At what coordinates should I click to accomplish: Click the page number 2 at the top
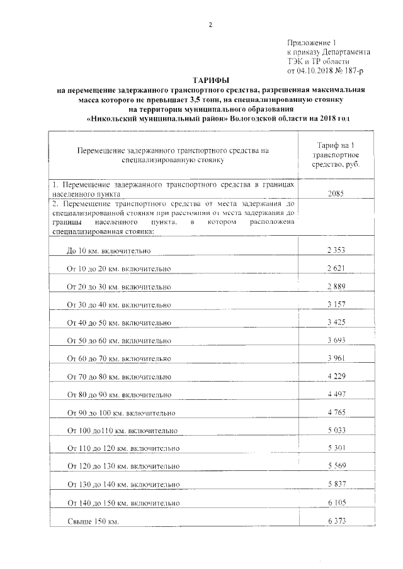point(210,25)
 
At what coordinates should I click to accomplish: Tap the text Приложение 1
point(315,40)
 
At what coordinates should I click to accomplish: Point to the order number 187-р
point(360,72)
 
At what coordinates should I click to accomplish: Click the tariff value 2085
point(337,195)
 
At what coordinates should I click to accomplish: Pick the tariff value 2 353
point(337,250)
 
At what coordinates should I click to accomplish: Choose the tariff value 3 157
point(337,304)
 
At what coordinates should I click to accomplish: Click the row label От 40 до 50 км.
point(118,323)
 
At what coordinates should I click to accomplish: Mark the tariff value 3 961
point(337,358)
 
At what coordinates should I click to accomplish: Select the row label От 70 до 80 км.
point(118,377)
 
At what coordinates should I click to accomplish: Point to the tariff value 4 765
point(337,412)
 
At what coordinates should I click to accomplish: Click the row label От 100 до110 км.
point(122,431)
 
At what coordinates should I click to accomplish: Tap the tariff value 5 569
point(337,467)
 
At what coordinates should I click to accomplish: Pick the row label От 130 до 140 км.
point(123,485)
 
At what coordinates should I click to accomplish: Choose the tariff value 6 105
point(337,503)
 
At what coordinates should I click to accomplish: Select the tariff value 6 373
point(337,521)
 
